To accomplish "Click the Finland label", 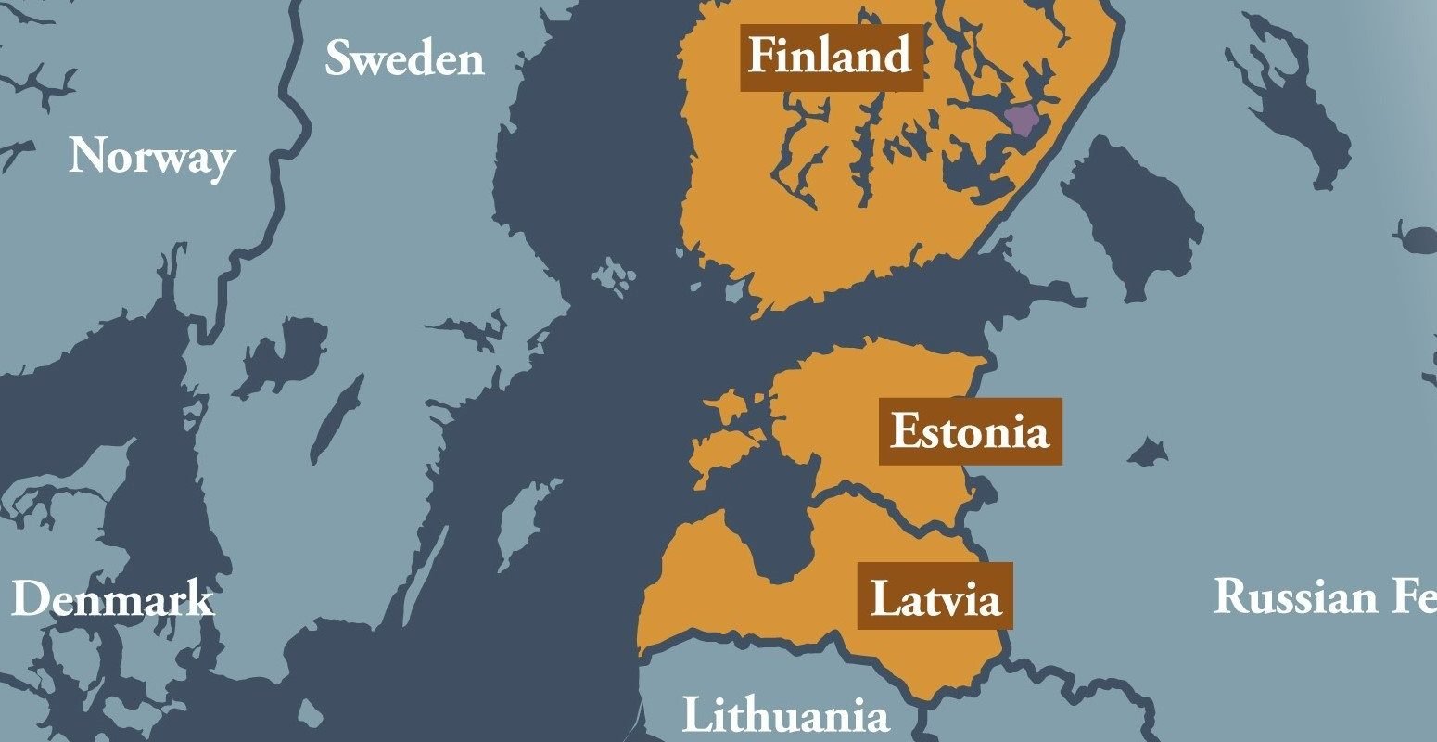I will [831, 58].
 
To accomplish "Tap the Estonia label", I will [970, 432].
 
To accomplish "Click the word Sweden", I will [404, 60].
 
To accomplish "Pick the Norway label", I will [151, 158].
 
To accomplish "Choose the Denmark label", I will [112, 600].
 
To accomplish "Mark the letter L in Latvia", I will [884, 598].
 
